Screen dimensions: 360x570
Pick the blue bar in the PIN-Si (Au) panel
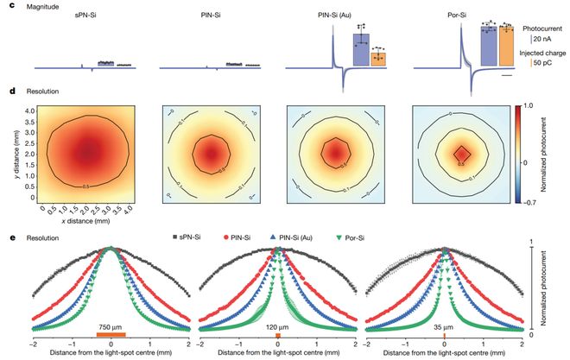tap(361, 49)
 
